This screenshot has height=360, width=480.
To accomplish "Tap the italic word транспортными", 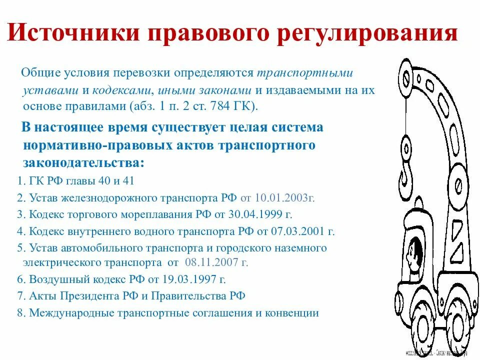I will coord(305,73).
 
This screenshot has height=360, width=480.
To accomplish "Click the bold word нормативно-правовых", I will coord(80,145).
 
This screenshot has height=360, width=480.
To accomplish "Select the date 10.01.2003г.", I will coord(284,197).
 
